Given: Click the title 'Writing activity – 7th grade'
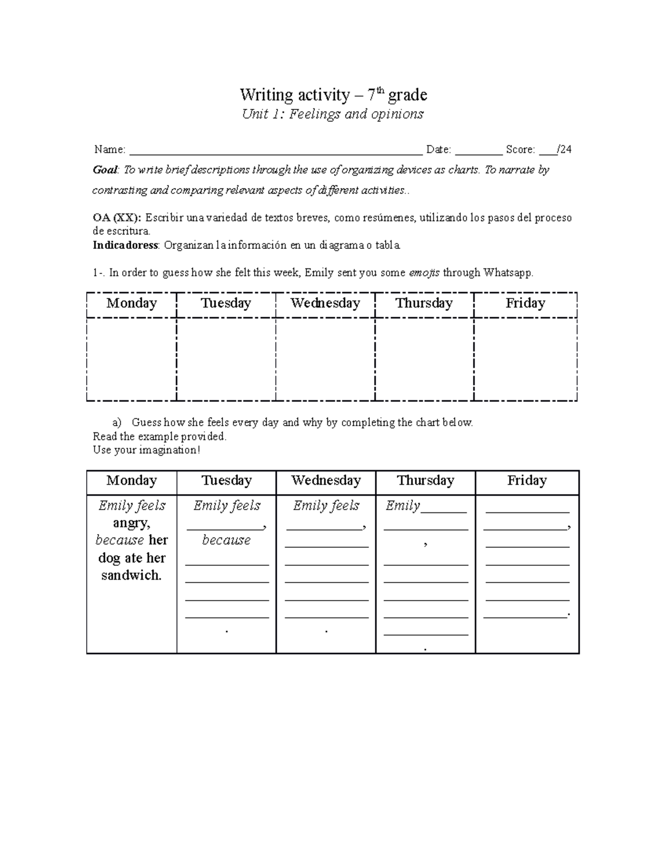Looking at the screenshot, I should [x=333, y=95].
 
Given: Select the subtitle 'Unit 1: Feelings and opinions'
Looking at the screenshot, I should [x=333, y=114].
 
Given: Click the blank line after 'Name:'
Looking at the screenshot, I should [x=275, y=150].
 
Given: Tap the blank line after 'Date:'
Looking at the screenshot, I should [x=478, y=150].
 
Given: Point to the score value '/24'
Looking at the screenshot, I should [x=565, y=149].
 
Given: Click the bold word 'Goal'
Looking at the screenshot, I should [x=104, y=170].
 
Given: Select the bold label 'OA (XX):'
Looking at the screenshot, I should [x=117, y=218].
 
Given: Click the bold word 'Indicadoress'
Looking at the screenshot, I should [x=126, y=245].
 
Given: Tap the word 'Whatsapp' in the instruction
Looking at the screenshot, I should [x=507, y=273].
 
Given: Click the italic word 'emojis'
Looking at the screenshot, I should [x=424, y=273].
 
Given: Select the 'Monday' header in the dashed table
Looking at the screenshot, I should [x=132, y=303].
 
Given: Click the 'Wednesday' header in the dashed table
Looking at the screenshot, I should [x=325, y=303].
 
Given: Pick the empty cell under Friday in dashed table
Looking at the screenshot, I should [x=525, y=359].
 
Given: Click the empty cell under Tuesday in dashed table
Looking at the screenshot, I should [x=226, y=359].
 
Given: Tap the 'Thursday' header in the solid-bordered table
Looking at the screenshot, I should [x=425, y=481].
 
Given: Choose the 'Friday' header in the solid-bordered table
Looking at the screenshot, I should [x=526, y=481].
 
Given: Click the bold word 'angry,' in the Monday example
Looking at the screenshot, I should [x=131, y=523].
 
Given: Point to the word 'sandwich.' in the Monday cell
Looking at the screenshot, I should [x=131, y=576].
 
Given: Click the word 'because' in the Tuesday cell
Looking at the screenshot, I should [x=226, y=540].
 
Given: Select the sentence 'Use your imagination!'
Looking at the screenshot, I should [x=146, y=450].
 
